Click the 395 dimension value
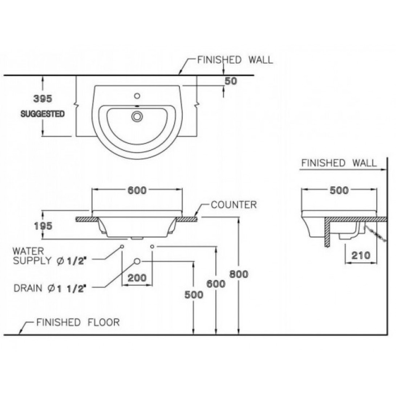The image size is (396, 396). click(43, 98)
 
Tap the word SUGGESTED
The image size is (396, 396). click(43, 114)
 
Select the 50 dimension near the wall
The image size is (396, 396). click(231, 81)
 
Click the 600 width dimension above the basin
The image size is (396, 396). click(137, 190)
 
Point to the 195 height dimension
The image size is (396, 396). click(43, 226)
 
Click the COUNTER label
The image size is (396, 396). click(234, 205)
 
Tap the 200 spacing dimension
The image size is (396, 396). click(137, 278)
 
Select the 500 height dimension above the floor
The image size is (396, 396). click(194, 294)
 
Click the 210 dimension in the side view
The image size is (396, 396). click(361, 255)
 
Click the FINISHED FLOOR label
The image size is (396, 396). click(77, 322)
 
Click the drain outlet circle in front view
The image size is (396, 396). click(137, 261)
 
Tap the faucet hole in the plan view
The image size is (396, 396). click(137, 96)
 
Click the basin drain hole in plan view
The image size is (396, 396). click(137, 116)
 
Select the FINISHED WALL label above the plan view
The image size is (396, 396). click(235, 60)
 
